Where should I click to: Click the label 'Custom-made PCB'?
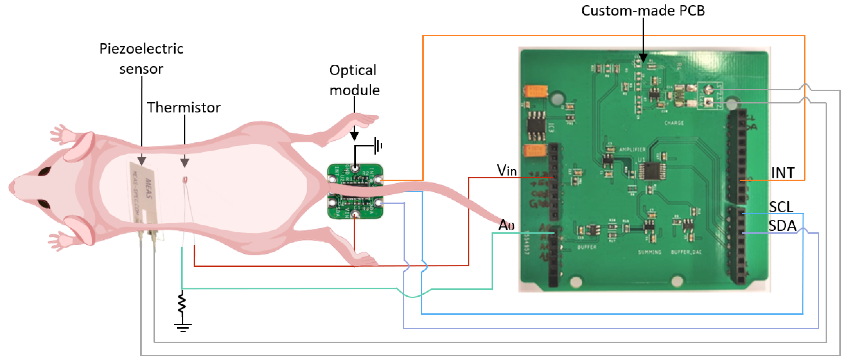click(x=643, y=11)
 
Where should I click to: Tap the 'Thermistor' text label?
click(x=184, y=108)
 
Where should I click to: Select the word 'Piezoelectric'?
click(x=141, y=49)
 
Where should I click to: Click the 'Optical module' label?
click(x=354, y=80)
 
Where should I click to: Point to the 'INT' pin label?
click(x=782, y=173)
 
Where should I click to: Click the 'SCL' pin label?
click(x=781, y=207)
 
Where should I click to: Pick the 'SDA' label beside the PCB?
click(x=782, y=226)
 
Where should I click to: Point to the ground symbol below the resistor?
click(x=183, y=327)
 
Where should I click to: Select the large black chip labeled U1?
click(x=652, y=171)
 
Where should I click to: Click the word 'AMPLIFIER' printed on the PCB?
click(x=632, y=149)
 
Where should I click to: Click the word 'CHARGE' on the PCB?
click(x=674, y=123)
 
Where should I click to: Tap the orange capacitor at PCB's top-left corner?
click(x=536, y=91)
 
